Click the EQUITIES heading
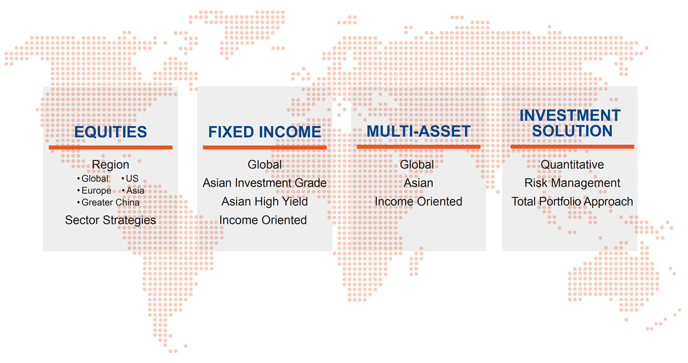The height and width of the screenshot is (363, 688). coord(111,132)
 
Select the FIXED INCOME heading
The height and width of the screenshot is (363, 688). coord(264,132)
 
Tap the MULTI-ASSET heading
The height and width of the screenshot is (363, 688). coord(418,131)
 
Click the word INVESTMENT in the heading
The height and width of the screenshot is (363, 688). coord(570,115)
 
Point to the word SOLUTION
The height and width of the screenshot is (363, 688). coord(572,131)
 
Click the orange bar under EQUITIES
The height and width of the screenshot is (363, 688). coord(111,147)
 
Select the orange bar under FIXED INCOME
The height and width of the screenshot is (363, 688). coord(264,147)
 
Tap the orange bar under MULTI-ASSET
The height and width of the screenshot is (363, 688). coord(418,147)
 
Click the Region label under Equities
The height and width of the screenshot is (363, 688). coord(110,165)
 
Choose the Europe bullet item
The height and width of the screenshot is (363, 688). coord(94,191)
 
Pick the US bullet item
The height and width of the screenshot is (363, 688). coord(130,178)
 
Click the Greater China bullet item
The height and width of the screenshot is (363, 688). coord(108,202)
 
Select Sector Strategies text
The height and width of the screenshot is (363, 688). coord(110,220)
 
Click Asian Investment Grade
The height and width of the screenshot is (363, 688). coord(264,183)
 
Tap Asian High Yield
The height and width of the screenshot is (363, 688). coord(264,202)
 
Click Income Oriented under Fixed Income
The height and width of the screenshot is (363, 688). coord(263,220)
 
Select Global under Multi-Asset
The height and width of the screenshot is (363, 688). coord(417,164)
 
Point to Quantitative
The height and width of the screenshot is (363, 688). coord(572,164)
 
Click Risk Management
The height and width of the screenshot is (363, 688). coord(572,183)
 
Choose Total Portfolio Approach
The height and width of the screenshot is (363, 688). coord(572,202)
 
